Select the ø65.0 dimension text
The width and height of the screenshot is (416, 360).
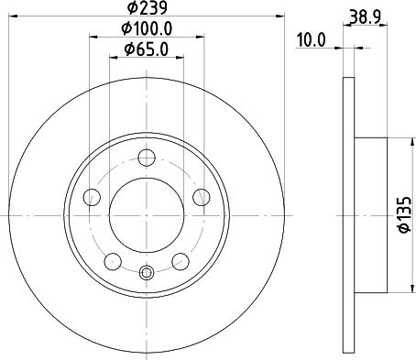[146, 49]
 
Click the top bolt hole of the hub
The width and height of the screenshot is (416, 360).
[146, 157]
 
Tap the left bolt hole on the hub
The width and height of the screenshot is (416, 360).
[90, 196]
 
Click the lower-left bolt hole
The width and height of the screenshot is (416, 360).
[111, 261]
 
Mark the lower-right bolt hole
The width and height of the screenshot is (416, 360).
[181, 261]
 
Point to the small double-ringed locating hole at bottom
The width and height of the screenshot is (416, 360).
[146, 271]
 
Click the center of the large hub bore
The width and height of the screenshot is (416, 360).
[146, 215]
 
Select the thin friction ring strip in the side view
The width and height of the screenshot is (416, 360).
[348, 215]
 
